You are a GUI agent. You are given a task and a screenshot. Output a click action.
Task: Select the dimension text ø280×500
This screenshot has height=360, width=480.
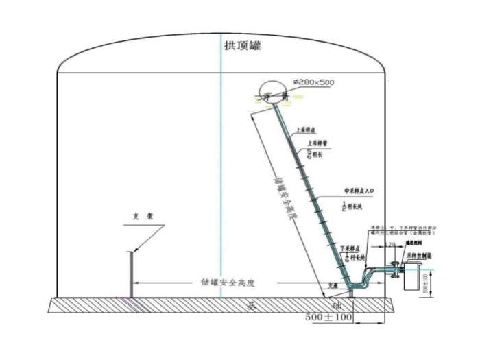pos(313,83)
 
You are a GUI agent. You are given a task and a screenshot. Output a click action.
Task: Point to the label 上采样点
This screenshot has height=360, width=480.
pos(305,129)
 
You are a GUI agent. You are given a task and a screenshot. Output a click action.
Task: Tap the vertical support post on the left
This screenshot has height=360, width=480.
pos(130,274)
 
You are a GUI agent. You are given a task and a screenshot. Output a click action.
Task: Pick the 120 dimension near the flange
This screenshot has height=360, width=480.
pos(392,244)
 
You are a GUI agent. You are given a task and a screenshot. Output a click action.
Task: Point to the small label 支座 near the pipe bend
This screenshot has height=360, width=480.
pos(333,286)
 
